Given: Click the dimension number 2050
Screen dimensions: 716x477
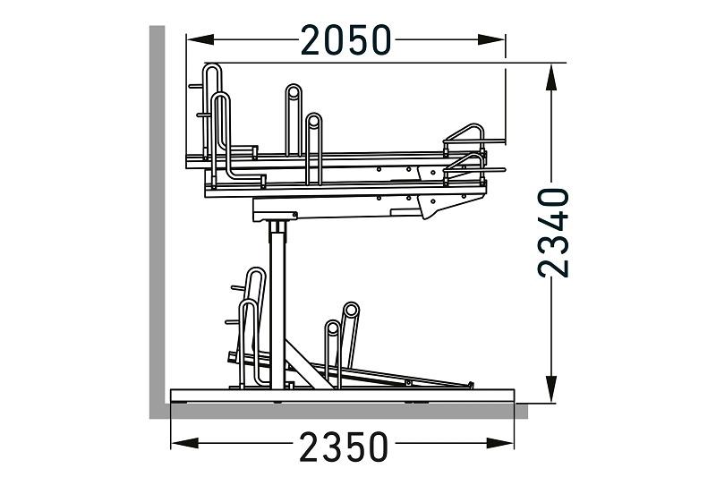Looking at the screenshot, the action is [x=345, y=40].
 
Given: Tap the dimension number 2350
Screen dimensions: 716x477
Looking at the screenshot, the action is [x=344, y=447].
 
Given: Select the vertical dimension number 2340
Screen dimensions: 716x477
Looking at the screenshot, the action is [x=553, y=233].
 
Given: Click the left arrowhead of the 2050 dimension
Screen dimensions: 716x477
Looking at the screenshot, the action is [x=200, y=39].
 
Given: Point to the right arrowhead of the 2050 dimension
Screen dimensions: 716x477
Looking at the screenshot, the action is [x=491, y=39].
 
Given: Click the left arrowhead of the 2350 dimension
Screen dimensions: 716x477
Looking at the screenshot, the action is [x=184, y=443].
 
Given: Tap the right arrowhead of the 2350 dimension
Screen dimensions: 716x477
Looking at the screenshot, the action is [x=500, y=443].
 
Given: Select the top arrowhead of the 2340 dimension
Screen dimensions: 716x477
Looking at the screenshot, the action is [x=551, y=78].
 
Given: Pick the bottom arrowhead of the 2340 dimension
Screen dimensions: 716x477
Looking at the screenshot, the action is [x=551, y=389].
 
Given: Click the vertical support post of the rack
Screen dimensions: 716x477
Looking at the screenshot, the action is [x=277, y=306].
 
